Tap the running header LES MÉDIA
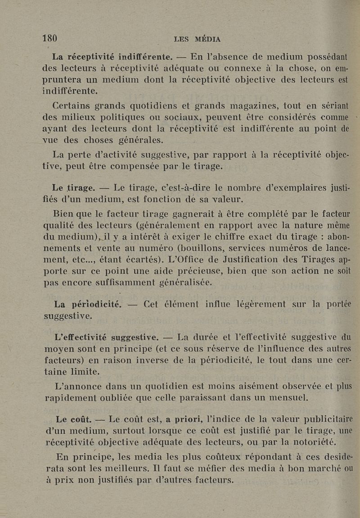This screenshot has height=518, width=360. click(197, 39)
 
